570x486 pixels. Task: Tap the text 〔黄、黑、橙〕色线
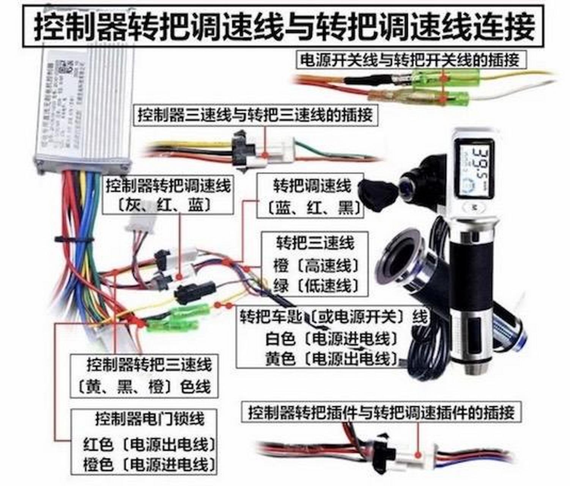(x=144, y=387)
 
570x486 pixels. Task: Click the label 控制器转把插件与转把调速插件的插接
(x=381, y=412)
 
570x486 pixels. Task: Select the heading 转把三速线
(x=315, y=243)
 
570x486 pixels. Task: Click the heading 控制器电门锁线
(x=150, y=419)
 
